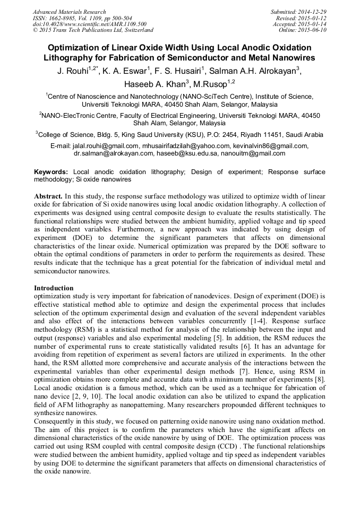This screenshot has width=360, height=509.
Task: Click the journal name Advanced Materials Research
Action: [x=69, y=12]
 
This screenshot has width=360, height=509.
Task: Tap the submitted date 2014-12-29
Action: [x=313, y=12]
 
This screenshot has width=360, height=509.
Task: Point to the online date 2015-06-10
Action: [x=313, y=30]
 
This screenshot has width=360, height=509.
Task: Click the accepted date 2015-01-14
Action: [x=313, y=24]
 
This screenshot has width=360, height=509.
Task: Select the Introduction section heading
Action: [x=54, y=288]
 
